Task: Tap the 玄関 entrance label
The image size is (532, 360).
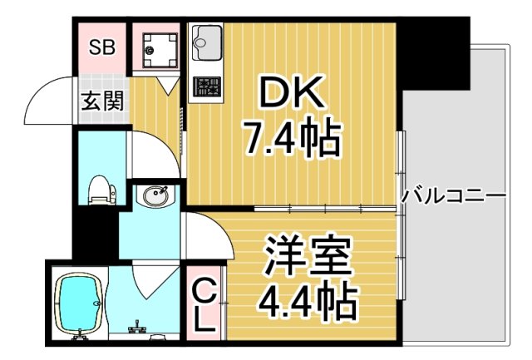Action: click(102, 101)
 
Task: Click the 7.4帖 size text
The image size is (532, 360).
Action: click(291, 139)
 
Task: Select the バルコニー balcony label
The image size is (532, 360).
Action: click(453, 196)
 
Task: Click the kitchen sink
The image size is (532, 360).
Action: click(206, 38)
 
